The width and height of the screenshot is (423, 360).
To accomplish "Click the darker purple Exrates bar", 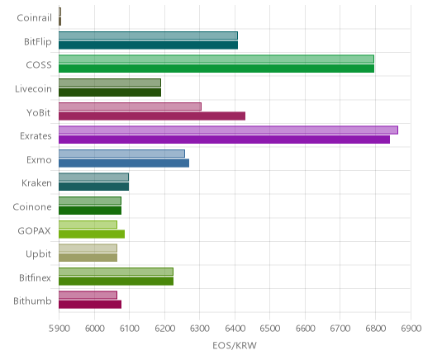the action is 224,140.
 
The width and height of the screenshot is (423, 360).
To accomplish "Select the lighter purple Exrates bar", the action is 228,130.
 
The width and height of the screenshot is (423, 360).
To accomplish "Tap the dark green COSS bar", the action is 216,69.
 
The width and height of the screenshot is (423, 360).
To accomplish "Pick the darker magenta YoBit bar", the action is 152,116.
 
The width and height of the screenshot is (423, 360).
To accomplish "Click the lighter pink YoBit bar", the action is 130,107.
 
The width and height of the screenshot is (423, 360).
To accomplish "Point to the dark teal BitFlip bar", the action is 148,45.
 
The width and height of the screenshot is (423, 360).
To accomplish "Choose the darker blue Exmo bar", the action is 124,163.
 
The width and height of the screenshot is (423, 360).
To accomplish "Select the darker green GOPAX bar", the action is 92,234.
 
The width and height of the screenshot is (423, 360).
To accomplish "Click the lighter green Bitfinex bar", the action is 116,272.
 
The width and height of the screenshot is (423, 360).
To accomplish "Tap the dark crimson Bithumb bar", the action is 90,305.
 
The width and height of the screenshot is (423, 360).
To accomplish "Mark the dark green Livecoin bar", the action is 110,92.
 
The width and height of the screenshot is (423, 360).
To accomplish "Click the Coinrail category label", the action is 34,18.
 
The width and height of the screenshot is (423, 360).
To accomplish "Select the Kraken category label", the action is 36,183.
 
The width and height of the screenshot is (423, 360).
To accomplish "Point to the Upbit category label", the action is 38,254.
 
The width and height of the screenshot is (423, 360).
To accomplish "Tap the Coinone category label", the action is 32,206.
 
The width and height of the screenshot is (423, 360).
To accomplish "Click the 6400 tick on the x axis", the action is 235,329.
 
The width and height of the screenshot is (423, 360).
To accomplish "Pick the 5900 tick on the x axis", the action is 59,329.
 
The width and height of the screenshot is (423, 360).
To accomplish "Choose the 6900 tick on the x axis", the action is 411,329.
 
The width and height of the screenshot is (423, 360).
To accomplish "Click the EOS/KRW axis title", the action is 235,345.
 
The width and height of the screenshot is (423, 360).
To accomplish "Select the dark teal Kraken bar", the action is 94,187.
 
